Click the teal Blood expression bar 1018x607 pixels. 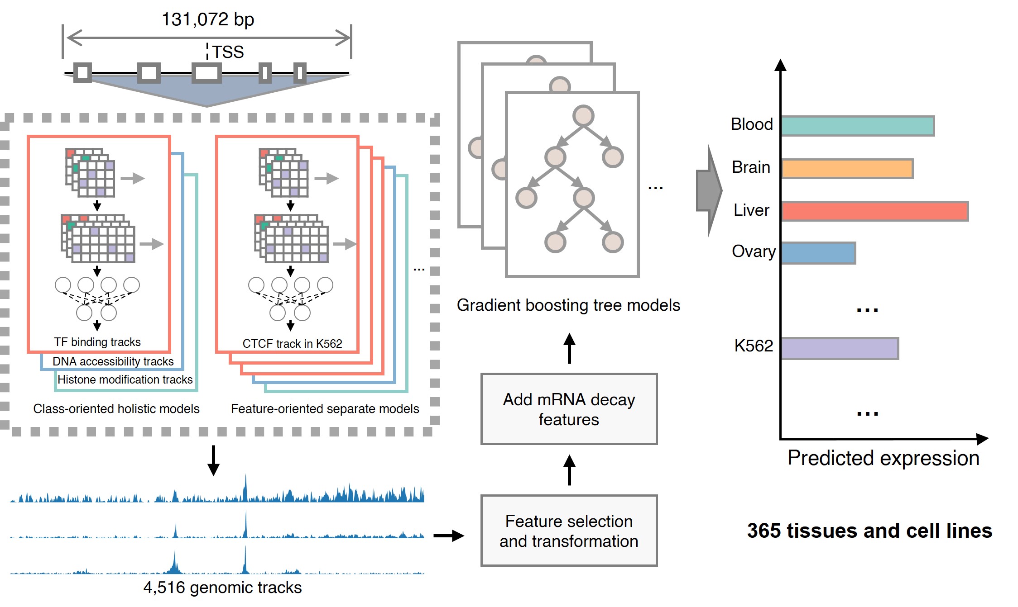[857, 126]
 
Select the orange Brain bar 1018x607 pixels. [847, 169]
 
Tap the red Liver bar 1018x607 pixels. [874, 211]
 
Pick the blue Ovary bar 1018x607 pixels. [818, 253]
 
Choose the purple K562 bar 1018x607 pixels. [840, 349]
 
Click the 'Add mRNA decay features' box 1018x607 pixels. [569, 409]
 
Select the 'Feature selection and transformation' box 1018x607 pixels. [569, 531]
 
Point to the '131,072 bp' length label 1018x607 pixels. [208, 19]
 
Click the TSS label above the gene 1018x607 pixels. [228, 52]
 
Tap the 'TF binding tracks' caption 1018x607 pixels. [97, 342]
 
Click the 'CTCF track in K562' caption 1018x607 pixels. [292, 344]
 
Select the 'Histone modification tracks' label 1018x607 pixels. [125, 379]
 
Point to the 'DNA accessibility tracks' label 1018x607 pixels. [113, 361]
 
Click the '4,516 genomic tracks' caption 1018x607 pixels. [222, 588]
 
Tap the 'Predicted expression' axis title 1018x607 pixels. [883, 458]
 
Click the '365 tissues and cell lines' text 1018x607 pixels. [869, 531]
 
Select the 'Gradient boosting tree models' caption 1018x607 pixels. [568, 305]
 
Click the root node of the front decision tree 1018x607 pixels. [583, 116]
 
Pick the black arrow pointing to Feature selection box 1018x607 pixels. [448, 536]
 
